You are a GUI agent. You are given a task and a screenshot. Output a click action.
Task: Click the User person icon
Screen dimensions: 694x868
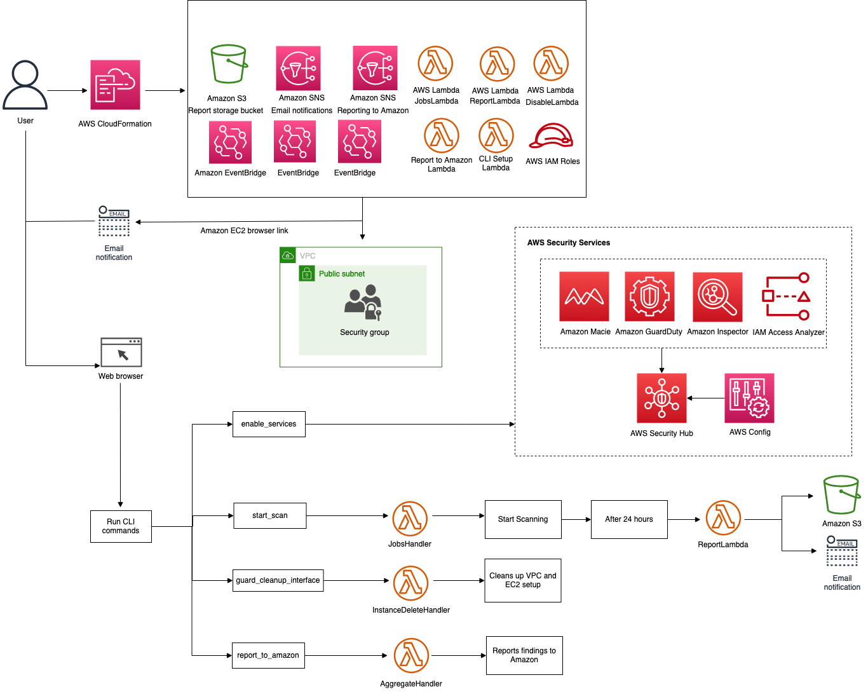tap(25, 85)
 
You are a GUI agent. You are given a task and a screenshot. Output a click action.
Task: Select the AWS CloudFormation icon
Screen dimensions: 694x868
tap(115, 85)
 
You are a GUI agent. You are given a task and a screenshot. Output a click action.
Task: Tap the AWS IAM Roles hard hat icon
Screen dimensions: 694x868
tap(552, 136)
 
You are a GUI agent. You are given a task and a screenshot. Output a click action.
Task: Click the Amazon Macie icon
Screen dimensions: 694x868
tap(584, 296)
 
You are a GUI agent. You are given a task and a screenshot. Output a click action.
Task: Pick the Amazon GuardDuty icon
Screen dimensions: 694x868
tap(649, 296)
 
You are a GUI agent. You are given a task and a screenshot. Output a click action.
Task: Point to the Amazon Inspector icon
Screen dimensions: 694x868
tap(717, 297)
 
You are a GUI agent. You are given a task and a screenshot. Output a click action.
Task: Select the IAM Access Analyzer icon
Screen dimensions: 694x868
tap(786, 296)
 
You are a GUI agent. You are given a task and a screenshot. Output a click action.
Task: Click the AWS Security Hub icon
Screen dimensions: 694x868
tap(661, 398)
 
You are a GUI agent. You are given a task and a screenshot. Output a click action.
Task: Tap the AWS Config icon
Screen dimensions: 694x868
tap(749, 398)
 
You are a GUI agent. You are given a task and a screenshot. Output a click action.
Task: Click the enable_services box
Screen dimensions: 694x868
tap(269, 424)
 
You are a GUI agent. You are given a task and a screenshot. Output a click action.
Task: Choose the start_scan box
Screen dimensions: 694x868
tap(270, 515)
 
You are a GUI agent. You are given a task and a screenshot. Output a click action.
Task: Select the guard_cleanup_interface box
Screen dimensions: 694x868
tap(278, 580)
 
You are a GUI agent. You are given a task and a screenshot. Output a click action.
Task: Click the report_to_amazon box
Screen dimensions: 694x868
tap(268, 655)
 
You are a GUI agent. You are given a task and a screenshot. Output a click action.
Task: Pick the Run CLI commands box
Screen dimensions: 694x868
tap(121, 526)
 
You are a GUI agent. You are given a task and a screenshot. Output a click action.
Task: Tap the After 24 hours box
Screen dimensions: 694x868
tap(629, 519)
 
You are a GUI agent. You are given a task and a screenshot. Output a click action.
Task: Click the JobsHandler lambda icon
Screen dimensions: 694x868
tap(410, 519)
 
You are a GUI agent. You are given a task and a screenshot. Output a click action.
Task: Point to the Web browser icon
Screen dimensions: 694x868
tap(121, 352)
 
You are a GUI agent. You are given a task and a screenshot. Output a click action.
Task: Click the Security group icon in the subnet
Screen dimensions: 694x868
tap(363, 303)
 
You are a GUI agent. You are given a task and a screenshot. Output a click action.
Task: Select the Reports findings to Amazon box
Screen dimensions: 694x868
tap(524, 655)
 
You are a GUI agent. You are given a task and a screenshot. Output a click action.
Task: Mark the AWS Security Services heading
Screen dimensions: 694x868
tap(569, 243)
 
